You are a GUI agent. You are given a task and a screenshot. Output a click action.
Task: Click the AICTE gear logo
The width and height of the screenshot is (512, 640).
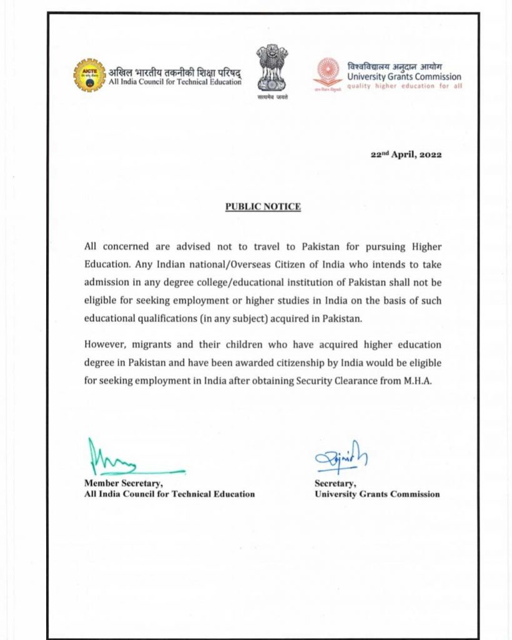click(x=89, y=74)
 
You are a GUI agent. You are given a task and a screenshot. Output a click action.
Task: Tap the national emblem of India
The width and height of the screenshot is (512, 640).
click(x=272, y=67)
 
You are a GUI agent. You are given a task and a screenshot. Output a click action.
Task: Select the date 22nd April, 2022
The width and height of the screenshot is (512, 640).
click(x=406, y=156)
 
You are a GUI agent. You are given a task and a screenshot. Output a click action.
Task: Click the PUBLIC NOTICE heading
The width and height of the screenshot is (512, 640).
click(x=263, y=206)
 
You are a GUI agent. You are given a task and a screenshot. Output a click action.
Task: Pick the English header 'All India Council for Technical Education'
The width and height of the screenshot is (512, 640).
click(x=175, y=82)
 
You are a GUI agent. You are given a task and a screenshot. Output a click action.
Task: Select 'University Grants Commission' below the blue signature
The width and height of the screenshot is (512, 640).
click(x=377, y=494)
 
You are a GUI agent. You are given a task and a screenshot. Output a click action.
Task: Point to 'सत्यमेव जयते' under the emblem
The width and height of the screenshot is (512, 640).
click(x=272, y=99)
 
